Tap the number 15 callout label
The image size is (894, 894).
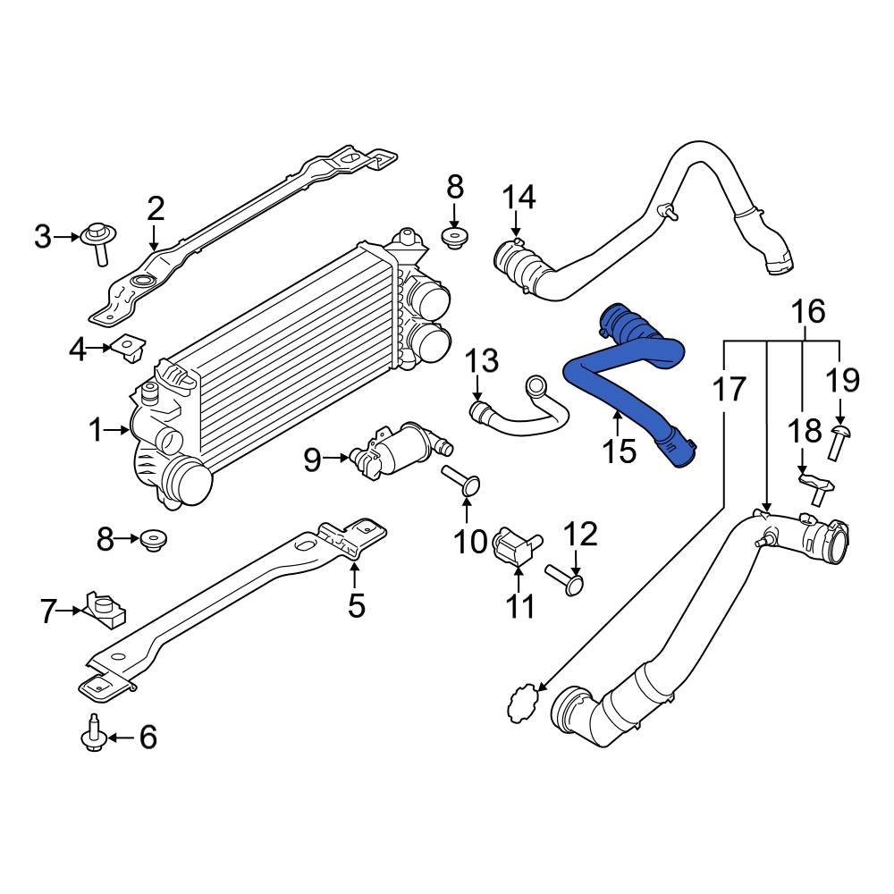click(619, 451)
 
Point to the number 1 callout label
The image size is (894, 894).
click(97, 431)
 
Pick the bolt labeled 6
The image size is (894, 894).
click(95, 736)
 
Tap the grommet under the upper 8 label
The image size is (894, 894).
click(455, 239)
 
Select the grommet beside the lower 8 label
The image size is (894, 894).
click(154, 540)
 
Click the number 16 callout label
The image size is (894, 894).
click(807, 312)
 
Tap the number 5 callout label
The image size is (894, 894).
click(356, 606)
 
